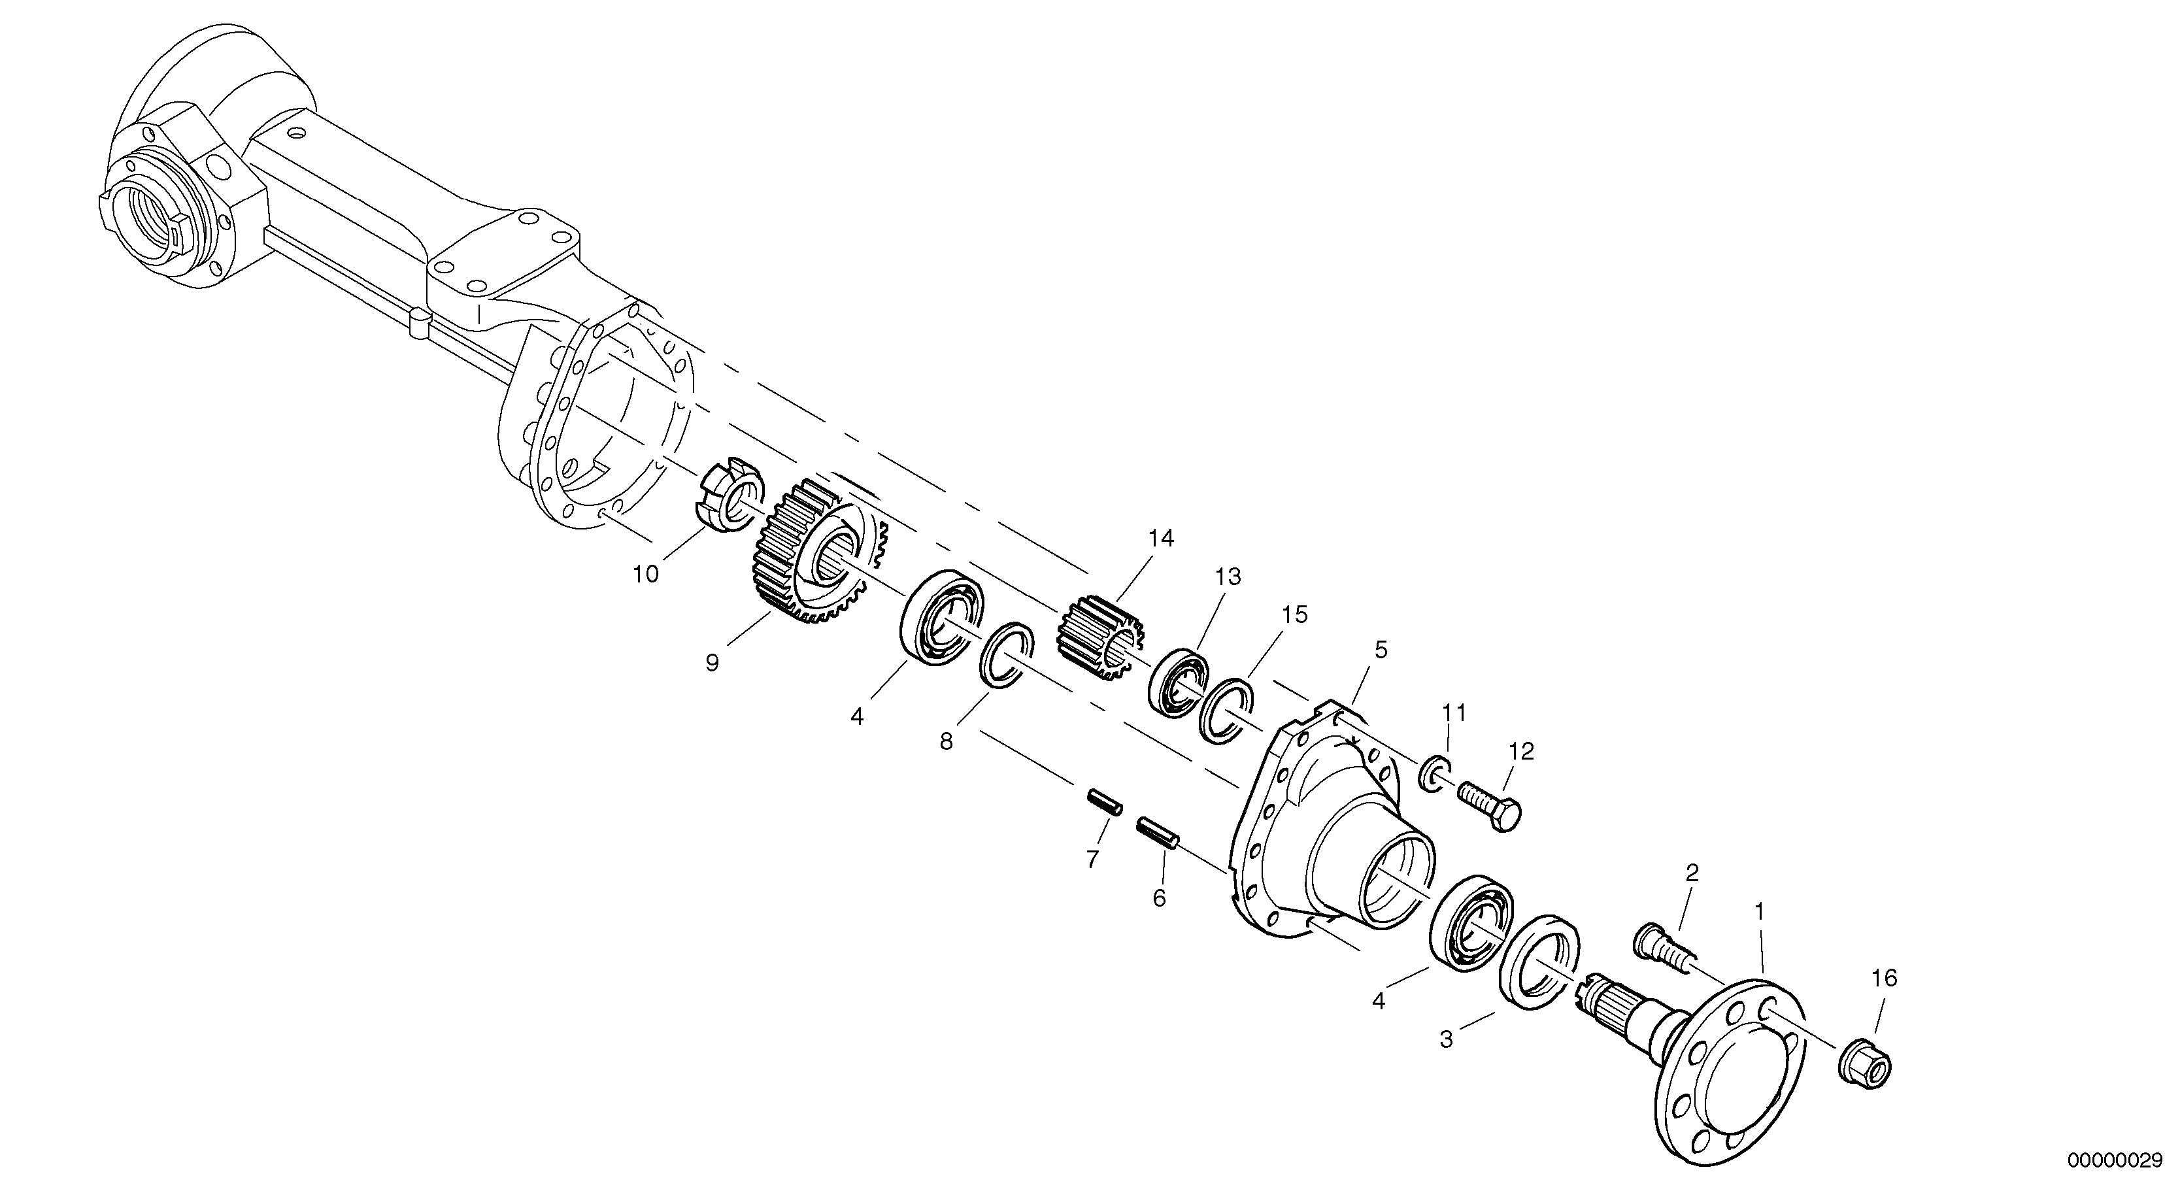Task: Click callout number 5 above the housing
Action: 1381,650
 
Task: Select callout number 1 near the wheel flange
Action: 1760,912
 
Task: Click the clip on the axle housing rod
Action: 420,324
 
